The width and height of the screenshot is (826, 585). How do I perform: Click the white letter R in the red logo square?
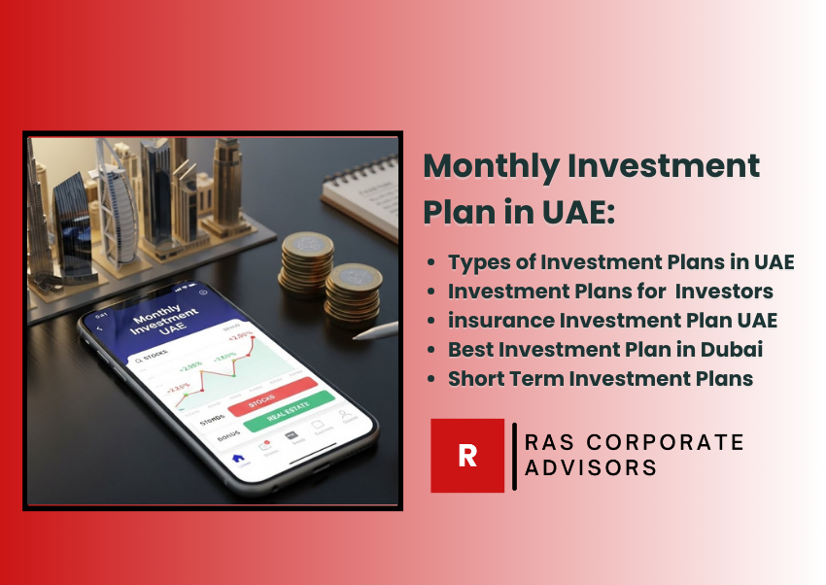click(x=467, y=456)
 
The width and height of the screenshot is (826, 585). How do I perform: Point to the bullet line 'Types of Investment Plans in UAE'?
click(x=621, y=262)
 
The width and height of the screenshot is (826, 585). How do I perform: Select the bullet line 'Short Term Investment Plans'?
click(x=601, y=379)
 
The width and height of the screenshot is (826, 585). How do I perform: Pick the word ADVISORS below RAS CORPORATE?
click(x=590, y=468)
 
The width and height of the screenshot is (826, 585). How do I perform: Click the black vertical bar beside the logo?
click(x=514, y=456)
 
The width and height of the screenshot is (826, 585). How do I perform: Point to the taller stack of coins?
click(x=306, y=260)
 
